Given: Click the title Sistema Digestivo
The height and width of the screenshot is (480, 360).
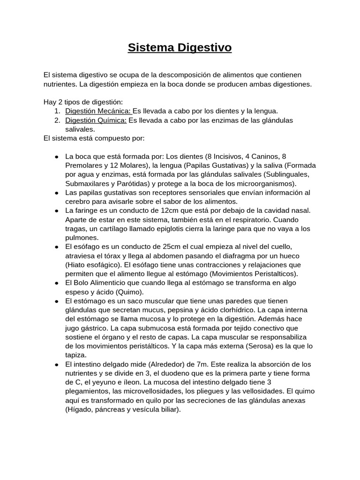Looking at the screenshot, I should (180, 48).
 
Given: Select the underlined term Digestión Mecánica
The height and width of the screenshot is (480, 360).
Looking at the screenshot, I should (98, 111).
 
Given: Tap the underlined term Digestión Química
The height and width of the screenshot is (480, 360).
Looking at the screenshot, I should (96, 120).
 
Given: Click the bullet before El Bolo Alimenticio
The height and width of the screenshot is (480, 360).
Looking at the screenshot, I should (56, 283).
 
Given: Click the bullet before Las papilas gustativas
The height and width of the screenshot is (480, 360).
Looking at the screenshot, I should (56, 193).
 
